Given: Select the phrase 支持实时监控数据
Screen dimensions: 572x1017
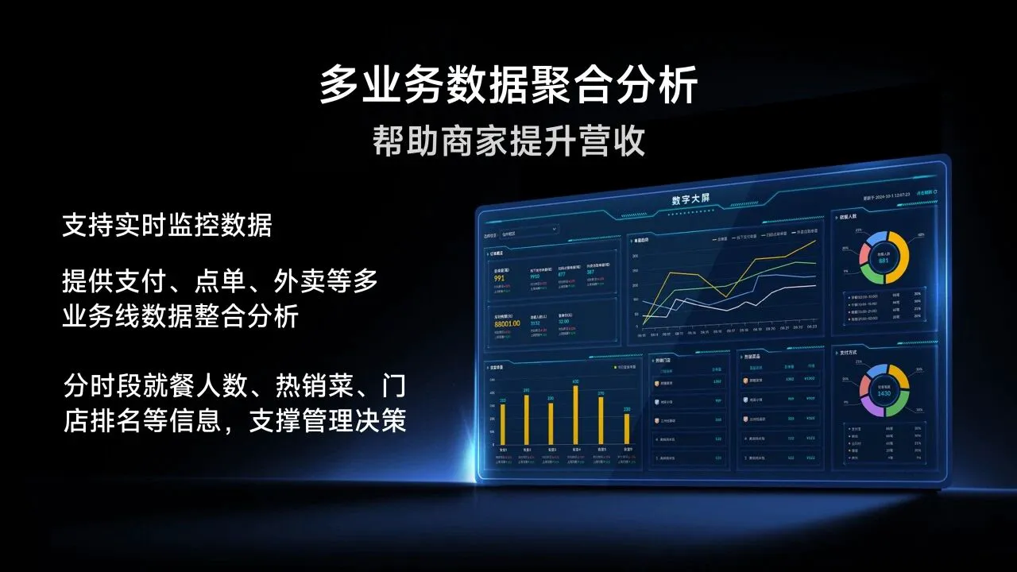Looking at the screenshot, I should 167,226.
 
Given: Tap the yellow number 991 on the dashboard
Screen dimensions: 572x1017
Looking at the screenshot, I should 500,279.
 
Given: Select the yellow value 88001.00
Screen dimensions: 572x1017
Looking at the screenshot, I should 507,323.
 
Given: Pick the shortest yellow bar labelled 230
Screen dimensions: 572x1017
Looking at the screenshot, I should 627,428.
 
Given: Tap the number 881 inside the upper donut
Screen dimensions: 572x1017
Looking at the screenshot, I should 883,261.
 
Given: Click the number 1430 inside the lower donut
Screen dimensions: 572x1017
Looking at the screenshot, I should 883,393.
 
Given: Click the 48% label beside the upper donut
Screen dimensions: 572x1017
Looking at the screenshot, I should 920,235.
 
